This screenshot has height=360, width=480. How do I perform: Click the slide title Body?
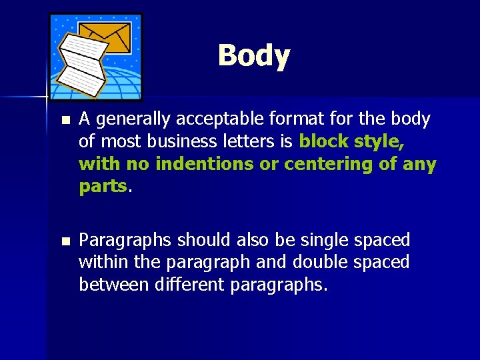(253, 56)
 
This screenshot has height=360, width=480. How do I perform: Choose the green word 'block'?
(323, 142)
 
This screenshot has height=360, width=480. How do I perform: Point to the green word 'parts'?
(102, 187)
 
